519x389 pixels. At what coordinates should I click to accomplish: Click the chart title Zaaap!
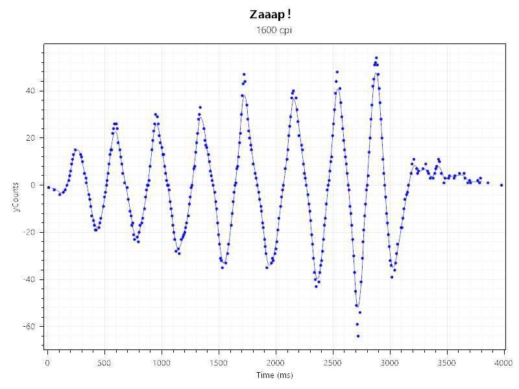coord(265,14)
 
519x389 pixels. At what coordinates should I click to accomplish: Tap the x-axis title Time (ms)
coord(275,375)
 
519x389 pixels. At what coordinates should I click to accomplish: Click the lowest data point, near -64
coord(357,336)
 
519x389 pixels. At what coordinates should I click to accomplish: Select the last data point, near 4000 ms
coord(501,185)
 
